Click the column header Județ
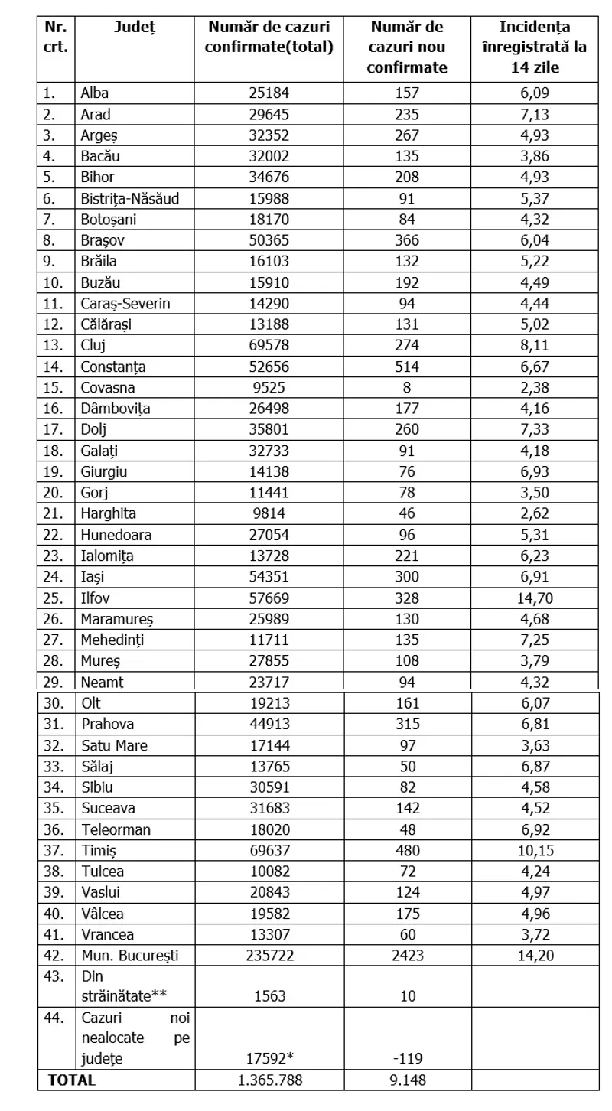click(135, 28)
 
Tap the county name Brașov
click(103, 240)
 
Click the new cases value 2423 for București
click(407, 955)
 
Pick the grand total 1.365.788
click(269, 1080)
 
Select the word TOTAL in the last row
click(72, 1080)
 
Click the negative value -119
click(407, 1059)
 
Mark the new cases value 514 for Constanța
click(407, 366)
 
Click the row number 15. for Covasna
click(51, 387)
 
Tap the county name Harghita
click(108, 513)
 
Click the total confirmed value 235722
click(269, 955)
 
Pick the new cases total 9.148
click(407, 1080)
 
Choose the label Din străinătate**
click(124, 986)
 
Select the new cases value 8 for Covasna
click(407, 387)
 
